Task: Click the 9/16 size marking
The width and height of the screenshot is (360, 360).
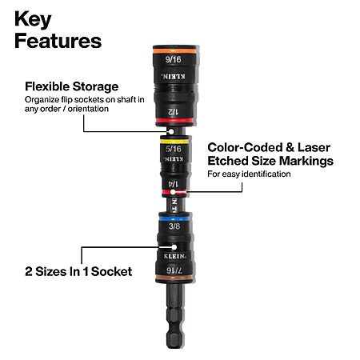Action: point(174,59)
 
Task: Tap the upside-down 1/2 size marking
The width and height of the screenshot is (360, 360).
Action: point(173,111)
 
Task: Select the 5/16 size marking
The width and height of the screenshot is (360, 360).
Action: point(174,149)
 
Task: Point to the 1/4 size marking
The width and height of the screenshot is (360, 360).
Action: point(174,184)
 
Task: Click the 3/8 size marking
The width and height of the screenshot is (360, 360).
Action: point(174,226)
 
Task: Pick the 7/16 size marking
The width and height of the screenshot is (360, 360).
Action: point(174,270)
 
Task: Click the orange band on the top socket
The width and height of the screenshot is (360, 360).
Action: point(174,50)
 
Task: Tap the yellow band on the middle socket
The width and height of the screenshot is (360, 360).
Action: point(174,142)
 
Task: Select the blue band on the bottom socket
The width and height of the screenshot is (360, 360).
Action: point(174,218)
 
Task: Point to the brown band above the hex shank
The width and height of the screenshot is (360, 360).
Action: point(174,278)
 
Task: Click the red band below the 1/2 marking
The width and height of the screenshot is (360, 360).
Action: point(174,121)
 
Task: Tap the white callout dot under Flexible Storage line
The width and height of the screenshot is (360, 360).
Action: point(171,131)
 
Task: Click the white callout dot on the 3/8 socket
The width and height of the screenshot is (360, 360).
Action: point(174,247)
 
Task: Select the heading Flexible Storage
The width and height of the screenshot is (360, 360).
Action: point(72,86)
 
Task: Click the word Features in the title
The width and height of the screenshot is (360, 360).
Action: point(58,41)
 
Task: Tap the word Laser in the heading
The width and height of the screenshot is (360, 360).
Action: point(314,147)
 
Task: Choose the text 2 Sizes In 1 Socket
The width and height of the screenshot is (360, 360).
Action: point(78,272)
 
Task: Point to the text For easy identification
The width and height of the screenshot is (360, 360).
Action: point(249,174)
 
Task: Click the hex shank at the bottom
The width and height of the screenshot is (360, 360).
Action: point(174,314)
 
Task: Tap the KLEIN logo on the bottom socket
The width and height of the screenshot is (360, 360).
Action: point(174,256)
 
